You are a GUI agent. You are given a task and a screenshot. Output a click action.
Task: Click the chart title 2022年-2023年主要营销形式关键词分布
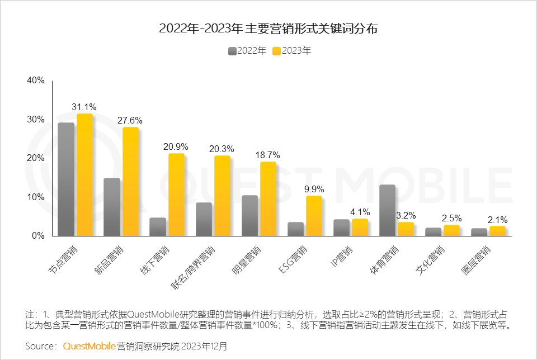pos(268,29)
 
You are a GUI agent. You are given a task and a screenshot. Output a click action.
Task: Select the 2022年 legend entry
pos(247,51)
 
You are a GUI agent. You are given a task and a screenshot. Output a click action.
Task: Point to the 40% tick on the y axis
pos(36,80)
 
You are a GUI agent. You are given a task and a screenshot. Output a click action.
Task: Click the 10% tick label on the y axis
pos(36,197)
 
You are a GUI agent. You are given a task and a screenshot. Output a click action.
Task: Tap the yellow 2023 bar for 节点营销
pos(84,174)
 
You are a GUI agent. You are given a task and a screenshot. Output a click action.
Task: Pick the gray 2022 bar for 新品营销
pos(112,207)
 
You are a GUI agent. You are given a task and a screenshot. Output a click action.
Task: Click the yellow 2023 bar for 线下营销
pos(176,195)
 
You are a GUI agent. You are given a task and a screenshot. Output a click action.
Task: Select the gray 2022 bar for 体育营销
pos(387,210)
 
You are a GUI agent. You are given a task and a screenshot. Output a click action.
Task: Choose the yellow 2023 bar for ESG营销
pos(314,216)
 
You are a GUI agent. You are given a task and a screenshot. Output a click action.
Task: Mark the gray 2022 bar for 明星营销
pos(249,216)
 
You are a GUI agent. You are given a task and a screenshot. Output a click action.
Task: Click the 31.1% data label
pos(84,107)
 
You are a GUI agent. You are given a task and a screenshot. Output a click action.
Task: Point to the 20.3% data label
pos(222,149)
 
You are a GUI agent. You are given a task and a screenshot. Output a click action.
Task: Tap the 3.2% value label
pos(406,215)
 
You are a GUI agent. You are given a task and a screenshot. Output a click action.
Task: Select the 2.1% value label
pos(497,219)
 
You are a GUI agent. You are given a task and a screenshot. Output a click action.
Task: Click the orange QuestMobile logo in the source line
pos(89,346)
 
